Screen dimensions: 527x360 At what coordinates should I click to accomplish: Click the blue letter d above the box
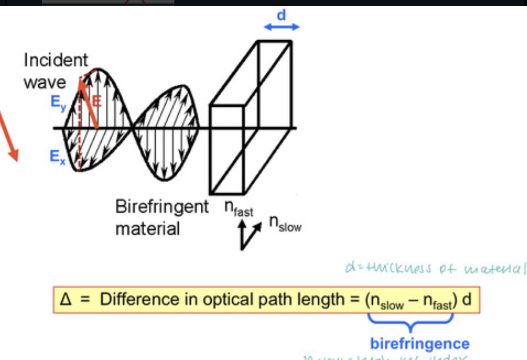pos(281,15)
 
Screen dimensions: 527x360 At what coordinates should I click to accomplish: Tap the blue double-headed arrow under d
pos(281,27)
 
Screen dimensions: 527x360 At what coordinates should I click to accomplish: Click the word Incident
pos(56,60)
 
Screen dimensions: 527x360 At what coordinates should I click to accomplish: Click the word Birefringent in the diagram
pos(162,207)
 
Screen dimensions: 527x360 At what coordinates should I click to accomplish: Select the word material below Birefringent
pos(148,228)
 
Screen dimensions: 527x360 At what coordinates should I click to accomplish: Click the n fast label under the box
pos(239,209)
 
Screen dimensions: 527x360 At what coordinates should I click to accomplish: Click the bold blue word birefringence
pos(420,343)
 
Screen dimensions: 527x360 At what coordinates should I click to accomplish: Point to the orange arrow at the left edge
pos(10,136)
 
